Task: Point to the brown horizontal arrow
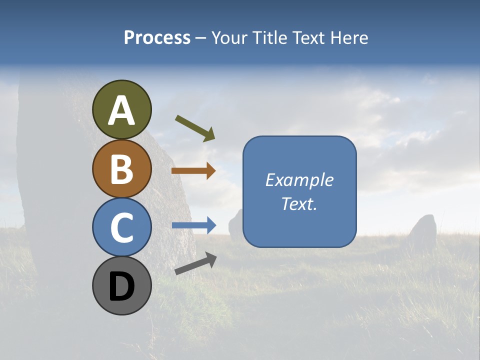pyautogui.click(x=193, y=171)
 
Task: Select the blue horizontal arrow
pyautogui.click(x=194, y=225)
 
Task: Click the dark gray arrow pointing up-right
pyautogui.click(x=195, y=263)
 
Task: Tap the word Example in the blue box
pyautogui.click(x=299, y=180)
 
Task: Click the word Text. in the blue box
pyautogui.click(x=299, y=204)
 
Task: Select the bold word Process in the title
pyautogui.click(x=157, y=37)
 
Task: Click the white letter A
pyautogui.click(x=122, y=110)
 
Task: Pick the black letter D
pyautogui.click(x=122, y=286)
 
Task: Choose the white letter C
pyautogui.click(x=122, y=227)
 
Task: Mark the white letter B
pyautogui.click(x=122, y=168)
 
